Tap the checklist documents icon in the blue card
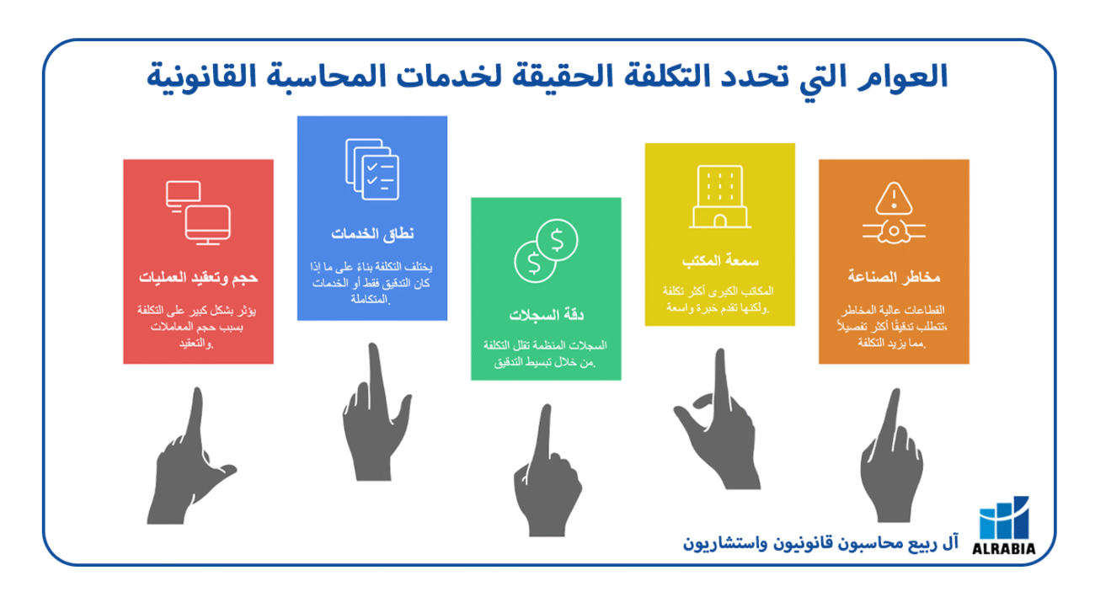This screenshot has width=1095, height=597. pos(372,168)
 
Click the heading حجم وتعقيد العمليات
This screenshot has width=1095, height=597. pos(199,278)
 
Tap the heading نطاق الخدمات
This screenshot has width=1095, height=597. pos(372,233)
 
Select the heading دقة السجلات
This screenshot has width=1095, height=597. pos(547,316)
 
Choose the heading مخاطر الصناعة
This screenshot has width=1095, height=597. pos(894,277)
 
